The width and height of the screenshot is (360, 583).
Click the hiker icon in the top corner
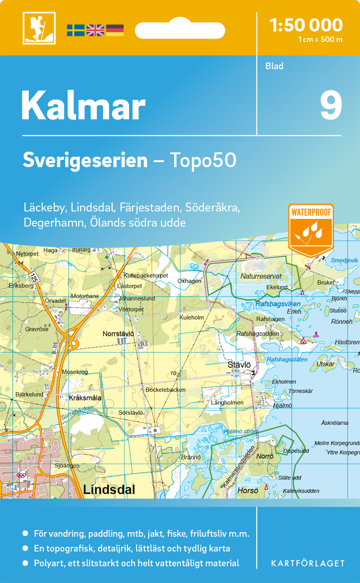[39, 28]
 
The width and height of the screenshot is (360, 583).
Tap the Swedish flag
[75, 30]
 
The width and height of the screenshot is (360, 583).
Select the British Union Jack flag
[95, 30]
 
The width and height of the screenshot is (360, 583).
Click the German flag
[115, 30]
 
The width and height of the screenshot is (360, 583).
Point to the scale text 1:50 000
[306, 25]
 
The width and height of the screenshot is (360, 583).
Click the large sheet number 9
[331, 106]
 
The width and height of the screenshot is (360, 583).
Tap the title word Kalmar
[83, 106]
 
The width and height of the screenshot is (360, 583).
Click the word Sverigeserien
[85, 160]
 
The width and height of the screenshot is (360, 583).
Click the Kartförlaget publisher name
[308, 563]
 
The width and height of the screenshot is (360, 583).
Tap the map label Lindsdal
[109, 490]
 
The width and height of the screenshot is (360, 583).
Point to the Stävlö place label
[239, 365]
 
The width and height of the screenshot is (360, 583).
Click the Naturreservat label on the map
[261, 276]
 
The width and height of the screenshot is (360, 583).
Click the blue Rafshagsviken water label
[278, 304]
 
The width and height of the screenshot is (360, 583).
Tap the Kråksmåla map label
[85, 398]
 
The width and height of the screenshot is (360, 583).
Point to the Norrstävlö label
[118, 334]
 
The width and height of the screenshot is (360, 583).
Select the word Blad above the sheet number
[274, 66]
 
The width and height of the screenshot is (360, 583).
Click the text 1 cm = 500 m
[320, 40]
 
